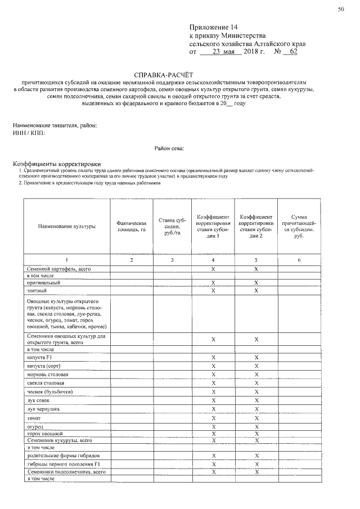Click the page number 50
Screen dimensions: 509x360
(340, 9)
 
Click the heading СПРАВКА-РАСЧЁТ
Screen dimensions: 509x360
(163, 74)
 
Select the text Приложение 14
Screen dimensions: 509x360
(210, 27)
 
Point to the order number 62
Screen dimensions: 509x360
(292, 51)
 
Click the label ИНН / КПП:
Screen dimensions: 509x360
(28, 133)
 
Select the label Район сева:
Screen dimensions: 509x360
(169, 148)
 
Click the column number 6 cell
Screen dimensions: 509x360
(299, 260)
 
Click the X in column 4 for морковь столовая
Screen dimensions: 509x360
(213, 375)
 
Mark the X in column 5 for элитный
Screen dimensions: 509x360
(256, 291)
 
